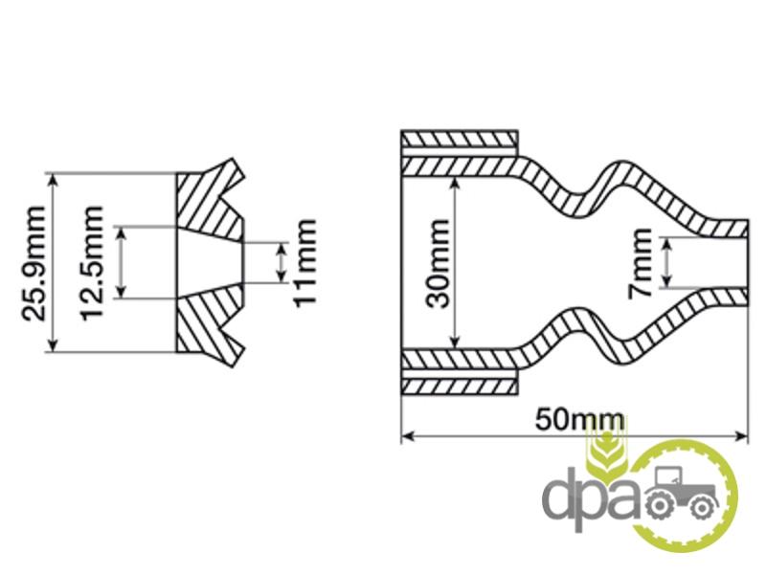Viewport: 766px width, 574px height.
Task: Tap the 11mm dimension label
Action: [304, 263]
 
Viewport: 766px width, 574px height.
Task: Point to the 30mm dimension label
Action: [438, 264]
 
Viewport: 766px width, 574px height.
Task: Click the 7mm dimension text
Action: [640, 264]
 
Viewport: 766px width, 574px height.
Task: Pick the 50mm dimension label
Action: [580, 420]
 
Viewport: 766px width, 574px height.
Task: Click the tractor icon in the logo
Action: [683, 494]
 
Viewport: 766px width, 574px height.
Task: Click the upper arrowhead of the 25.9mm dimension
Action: [54, 179]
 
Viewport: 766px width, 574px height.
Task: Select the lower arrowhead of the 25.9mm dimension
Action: [54, 345]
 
